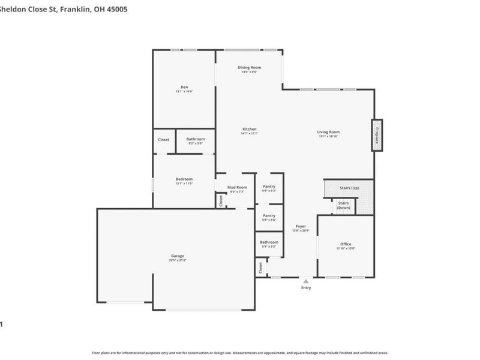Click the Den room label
184,87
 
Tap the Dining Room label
250,68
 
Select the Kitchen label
250,129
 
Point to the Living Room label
328,132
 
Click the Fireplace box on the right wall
377,135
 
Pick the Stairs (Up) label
349,188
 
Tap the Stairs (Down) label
343,205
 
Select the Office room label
346,244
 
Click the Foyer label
300,226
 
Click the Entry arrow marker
307,280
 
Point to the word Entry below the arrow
307,288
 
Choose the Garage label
178,256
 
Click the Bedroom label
184,179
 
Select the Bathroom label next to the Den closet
196,139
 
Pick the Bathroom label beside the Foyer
269,242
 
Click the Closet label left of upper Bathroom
164,139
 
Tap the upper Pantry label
269,186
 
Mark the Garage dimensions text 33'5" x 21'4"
178,260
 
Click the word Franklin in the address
77,10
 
